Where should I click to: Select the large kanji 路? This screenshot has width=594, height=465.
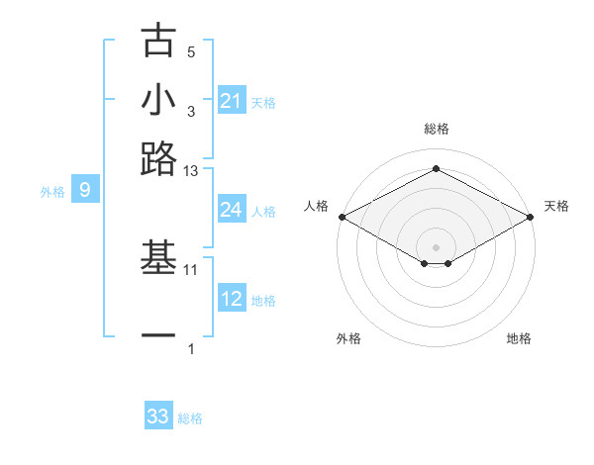[158, 158]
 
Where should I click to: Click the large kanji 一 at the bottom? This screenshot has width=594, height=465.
[158, 337]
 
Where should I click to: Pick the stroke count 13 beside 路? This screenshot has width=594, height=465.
[191, 171]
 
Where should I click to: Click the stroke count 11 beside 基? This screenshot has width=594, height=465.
[191, 269]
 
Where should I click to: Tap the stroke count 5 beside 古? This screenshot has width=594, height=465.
[191, 51]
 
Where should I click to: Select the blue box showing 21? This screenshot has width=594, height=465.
[232, 101]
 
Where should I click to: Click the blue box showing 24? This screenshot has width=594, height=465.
[232, 210]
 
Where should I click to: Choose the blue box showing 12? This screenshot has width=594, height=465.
[232, 299]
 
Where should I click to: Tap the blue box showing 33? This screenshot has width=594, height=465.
[158, 417]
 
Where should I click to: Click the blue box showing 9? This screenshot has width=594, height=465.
[85, 190]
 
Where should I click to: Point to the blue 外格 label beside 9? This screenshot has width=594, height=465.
[52, 192]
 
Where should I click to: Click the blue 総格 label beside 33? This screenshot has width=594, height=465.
[190, 418]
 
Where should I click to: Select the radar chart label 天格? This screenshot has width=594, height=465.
[556, 206]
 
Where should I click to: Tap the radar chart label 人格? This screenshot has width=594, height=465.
[317, 206]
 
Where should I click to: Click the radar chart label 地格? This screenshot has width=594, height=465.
[519, 338]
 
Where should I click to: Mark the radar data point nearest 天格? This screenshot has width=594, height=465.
[532, 217]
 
